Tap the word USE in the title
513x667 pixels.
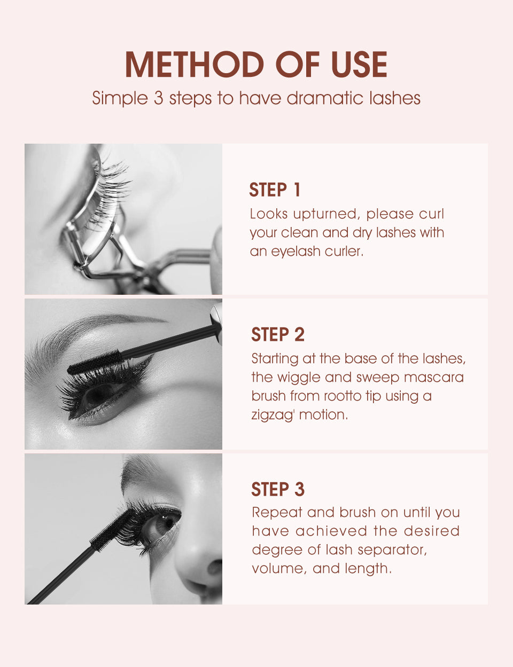[x=359, y=65]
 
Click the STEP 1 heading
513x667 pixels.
[x=275, y=190]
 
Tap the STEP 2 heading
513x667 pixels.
[x=277, y=335]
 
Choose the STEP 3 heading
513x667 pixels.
[x=277, y=490]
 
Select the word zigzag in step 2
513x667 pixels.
[x=272, y=415]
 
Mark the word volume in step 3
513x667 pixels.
[x=278, y=569]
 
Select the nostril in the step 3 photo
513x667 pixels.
[x=214, y=567]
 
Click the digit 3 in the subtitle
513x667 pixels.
[x=158, y=98]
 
